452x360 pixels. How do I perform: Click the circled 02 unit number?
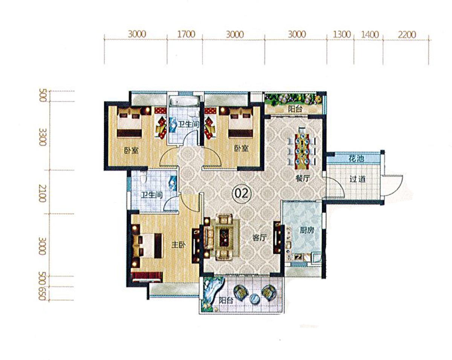click(x=241, y=194)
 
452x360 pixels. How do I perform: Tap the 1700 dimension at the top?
click(x=186, y=34)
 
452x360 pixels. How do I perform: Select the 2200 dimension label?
click(x=407, y=35)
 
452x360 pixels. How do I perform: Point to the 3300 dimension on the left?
click(x=43, y=138)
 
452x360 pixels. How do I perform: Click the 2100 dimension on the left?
click(x=43, y=193)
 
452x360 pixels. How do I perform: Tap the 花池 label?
click(x=356, y=159)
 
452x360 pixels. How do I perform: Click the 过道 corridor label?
click(x=357, y=179)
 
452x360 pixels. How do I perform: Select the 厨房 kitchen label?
click(x=307, y=230)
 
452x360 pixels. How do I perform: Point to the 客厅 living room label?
click(x=260, y=237)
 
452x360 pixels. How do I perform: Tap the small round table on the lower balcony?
click(x=255, y=299)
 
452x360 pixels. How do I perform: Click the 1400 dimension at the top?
click(x=370, y=35)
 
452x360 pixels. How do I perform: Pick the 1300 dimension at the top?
click(x=342, y=35)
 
